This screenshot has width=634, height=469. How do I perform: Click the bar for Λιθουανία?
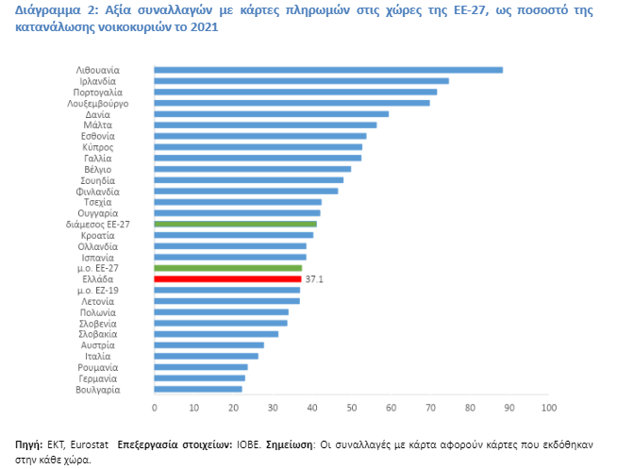click(327, 70)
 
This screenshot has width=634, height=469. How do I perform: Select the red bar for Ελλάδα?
click(227, 279)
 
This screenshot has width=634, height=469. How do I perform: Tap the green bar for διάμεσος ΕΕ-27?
click(235, 224)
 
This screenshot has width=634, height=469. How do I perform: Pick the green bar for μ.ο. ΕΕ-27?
click(227, 268)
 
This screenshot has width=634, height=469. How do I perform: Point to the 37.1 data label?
click(315, 279)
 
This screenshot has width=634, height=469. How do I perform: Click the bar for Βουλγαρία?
click(198, 389)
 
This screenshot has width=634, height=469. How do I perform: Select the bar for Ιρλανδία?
click(301, 81)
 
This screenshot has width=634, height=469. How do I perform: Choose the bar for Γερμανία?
click(199, 377)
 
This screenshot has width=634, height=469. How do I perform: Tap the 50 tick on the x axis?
click(351, 408)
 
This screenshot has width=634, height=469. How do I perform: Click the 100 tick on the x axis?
click(548, 408)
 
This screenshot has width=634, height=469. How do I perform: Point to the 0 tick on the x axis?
click(154, 408)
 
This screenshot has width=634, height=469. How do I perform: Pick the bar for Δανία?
click(271, 114)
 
